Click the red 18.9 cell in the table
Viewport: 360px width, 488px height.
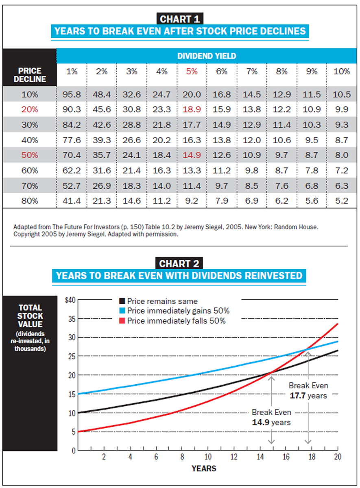click(x=192, y=109)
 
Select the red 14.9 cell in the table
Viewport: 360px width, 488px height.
click(x=192, y=155)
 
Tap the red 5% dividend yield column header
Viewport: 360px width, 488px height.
click(x=192, y=72)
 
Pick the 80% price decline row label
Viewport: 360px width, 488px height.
click(x=30, y=200)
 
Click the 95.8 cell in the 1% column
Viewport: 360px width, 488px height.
click(x=72, y=94)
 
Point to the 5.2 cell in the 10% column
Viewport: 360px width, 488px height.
click(x=342, y=200)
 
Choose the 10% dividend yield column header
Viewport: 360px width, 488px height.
click(x=342, y=72)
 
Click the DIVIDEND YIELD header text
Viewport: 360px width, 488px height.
click(x=206, y=56)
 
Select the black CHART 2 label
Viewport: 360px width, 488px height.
click(x=179, y=264)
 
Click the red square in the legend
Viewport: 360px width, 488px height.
click(x=122, y=321)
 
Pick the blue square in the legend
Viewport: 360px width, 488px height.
click(x=122, y=311)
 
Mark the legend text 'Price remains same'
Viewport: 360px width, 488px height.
click(x=162, y=301)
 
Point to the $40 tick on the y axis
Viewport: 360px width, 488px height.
click(x=70, y=301)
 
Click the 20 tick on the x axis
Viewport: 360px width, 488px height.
click(x=337, y=457)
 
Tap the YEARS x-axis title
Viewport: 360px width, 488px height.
click(x=204, y=468)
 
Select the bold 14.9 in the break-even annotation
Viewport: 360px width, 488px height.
click(x=260, y=422)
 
